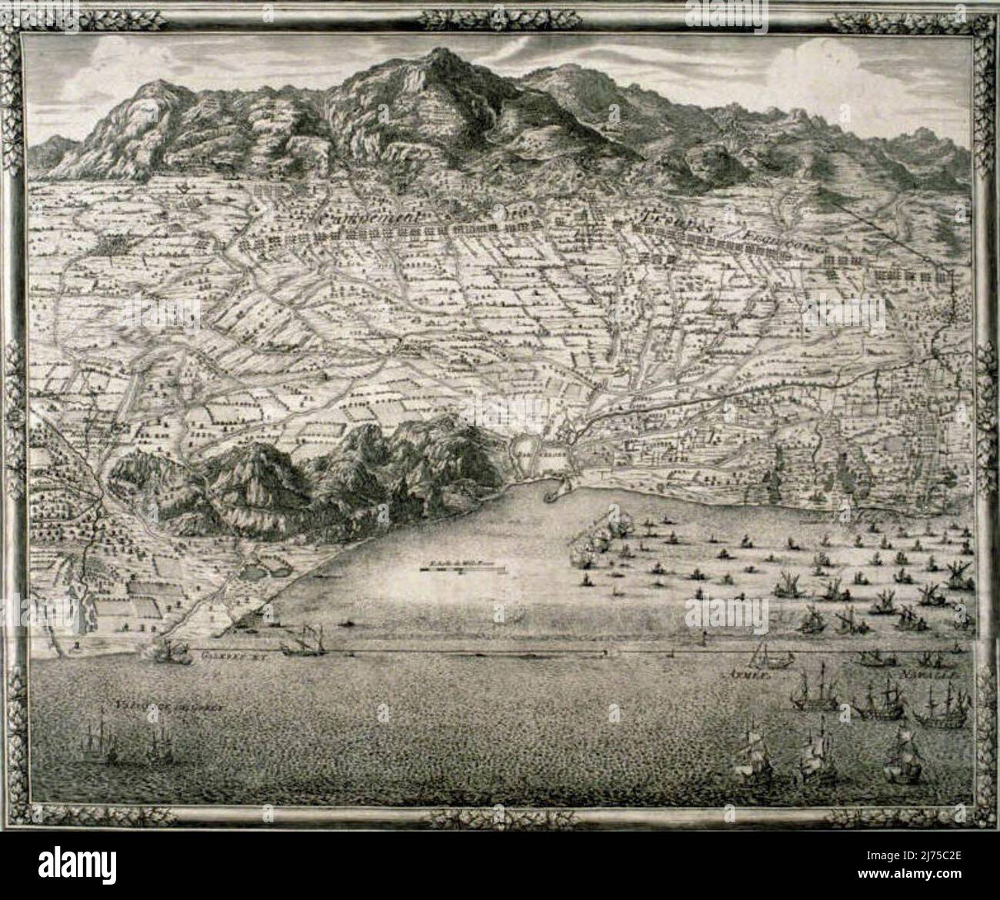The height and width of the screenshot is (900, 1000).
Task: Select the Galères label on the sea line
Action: [223, 658]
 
